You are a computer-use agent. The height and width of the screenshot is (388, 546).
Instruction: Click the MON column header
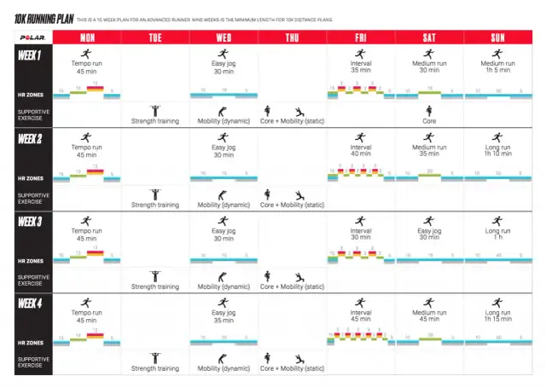pyautogui.click(x=87, y=37)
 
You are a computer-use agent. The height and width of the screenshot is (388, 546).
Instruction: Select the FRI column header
pyautogui.click(x=360, y=37)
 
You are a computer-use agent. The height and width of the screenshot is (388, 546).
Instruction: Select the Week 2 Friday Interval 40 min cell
pyautogui.click(x=360, y=150)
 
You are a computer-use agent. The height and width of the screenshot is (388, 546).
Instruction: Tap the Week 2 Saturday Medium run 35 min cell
pyautogui.click(x=428, y=150)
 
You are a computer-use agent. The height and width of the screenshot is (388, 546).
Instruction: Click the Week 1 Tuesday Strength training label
pyautogui.click(x=155, y=121)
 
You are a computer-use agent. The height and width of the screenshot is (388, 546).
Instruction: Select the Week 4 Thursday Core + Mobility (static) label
pyautogui.click(x=292, y=368)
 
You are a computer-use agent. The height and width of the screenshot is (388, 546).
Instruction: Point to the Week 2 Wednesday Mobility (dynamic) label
pyautogui.click(x=224, y=204)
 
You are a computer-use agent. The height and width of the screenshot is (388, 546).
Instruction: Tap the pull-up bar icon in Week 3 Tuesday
pyautogui.click(x=155, y=275)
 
